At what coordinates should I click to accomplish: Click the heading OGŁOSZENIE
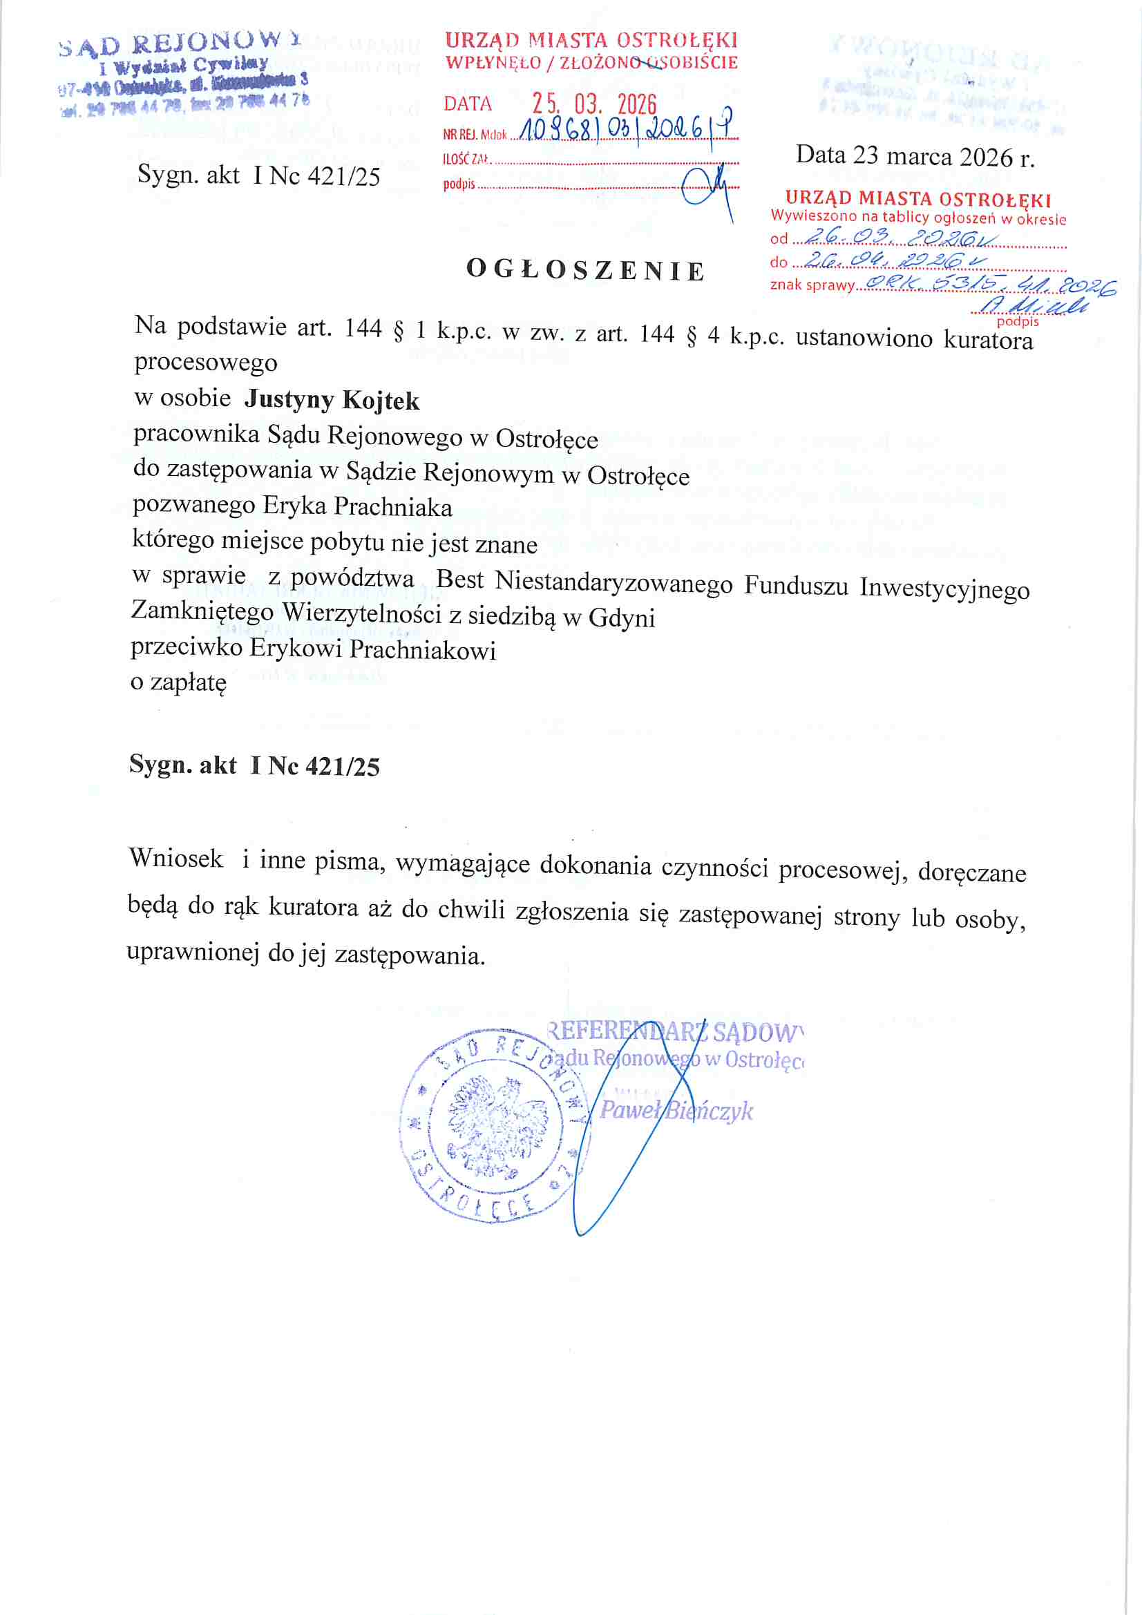pyautogui.click(x=585, y=271)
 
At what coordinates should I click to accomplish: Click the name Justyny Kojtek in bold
pyautogui.click(x=332, y=399)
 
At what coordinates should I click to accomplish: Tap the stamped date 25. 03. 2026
pyautogui.click(x=594, y=104)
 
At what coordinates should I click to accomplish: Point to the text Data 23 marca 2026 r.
pyautogui.click(x=915, y=156)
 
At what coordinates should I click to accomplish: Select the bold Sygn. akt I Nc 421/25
pyautogui.click(x=254, y=765)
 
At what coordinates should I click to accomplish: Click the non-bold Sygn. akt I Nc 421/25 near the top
pyautogui.click(x=258, y=175)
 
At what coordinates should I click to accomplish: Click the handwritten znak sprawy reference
pyautogui.click(x=989, y=283)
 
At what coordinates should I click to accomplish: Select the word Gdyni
pyautogui.click(x=622, y=618)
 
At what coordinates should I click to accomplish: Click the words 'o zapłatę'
pyautogui.click(x=179, y=682)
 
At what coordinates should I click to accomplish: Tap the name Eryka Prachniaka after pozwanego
pyautogui.click(x=357, y=506)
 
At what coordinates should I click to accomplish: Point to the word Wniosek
pyautogui.click(x=176, y=859)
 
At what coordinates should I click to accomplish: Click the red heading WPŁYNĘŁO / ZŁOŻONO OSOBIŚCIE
pyautogui.click(x=591, y=63)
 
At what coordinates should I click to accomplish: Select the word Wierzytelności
pyautogui.click(x=362, y=613)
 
